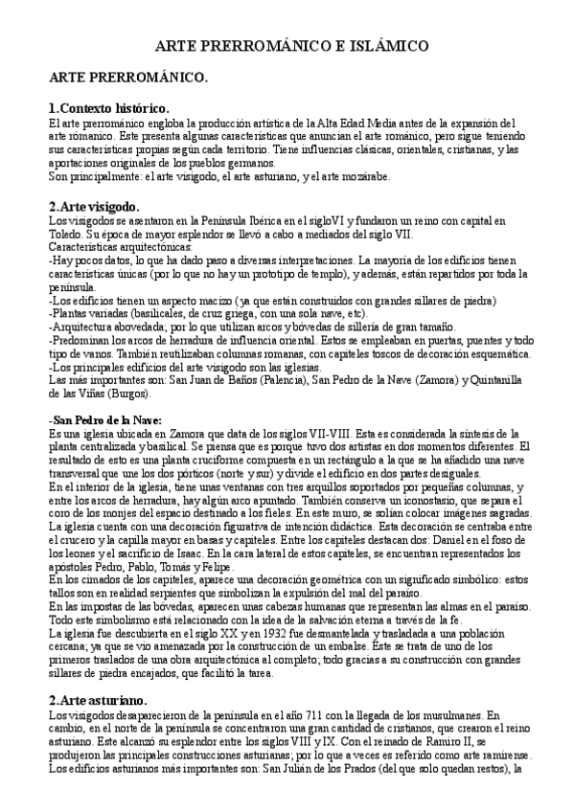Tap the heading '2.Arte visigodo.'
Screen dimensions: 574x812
(x=94, y=206)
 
